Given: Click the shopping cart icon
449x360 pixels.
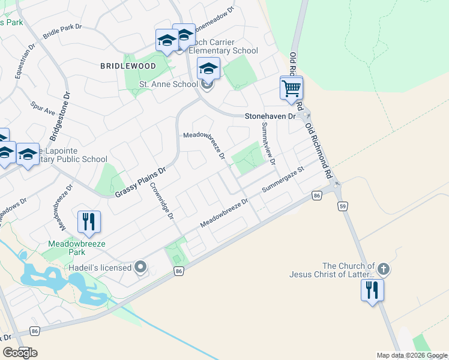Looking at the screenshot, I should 291,89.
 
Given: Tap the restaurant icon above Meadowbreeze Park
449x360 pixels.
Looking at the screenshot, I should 89,222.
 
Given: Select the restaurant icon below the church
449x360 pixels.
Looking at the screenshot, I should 372,290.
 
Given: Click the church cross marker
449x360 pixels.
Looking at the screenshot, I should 384,269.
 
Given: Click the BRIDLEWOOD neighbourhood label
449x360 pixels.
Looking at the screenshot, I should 128,66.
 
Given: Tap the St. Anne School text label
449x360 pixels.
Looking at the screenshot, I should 169,84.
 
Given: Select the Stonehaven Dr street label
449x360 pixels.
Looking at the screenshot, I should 270,116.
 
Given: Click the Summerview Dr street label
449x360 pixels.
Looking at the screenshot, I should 268,144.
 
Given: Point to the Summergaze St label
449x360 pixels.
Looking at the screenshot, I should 284,181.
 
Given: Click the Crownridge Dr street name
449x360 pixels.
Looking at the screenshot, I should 161,200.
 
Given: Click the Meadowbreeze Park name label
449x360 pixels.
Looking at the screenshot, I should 77,248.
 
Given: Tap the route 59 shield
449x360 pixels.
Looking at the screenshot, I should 343,206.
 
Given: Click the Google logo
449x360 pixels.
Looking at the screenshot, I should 20,353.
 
